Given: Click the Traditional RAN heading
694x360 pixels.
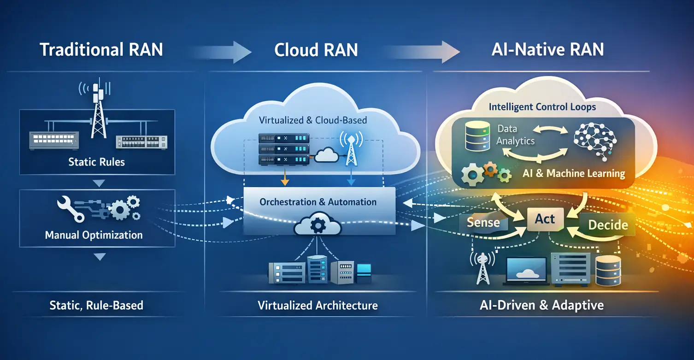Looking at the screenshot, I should (101, 50).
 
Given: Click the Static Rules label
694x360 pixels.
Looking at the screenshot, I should (96, 162).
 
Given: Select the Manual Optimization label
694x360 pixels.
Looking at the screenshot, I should (94, 235).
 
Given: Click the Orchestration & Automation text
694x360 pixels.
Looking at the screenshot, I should (318, 202).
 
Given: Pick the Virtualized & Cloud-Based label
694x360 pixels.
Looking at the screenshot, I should (313, 121).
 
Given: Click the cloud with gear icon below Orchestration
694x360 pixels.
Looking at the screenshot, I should (317, 226).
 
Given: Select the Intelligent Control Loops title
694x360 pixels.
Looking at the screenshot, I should (542, 107).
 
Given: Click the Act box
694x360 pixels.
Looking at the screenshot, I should (545, 219).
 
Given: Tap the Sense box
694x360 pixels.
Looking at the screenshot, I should (483, 223).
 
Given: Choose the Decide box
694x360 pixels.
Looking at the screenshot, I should (608, 225).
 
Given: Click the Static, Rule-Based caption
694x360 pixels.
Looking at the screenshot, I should (96, 305).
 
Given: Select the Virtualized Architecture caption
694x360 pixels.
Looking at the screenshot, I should (318, 305).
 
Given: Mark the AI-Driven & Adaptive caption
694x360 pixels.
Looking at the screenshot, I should (542, 305).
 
